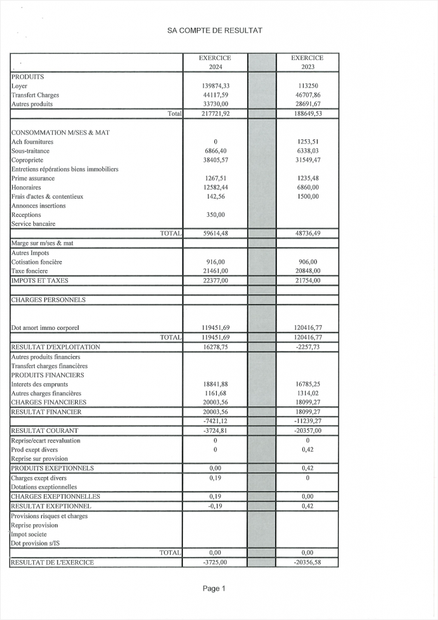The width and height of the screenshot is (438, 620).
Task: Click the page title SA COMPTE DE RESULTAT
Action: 214,30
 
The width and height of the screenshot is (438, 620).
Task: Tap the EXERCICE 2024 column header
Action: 215,62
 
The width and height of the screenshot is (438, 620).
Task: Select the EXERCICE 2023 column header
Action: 307,62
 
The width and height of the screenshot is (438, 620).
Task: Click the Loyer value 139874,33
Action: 215,86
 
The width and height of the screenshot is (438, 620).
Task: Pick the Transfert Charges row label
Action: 35,95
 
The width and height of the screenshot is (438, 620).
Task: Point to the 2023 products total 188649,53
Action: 307,113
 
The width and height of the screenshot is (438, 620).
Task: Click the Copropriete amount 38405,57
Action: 215,160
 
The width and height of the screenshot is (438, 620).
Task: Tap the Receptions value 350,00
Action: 215,214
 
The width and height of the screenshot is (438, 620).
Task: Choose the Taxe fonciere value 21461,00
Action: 215,271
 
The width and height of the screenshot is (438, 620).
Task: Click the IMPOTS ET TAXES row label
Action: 40,280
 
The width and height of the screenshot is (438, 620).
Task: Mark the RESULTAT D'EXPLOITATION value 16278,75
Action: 215,347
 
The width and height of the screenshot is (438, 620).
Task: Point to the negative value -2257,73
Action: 307,347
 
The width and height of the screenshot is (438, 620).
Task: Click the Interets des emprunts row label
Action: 40,384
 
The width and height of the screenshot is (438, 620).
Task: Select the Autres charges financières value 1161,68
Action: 215,393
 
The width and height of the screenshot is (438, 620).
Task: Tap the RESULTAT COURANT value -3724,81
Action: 215,430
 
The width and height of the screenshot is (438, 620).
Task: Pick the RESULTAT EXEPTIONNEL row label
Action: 51,506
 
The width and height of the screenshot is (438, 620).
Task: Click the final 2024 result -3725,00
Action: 215,562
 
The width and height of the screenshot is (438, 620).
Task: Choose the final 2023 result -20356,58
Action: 307,562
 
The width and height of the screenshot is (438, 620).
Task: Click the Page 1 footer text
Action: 214,589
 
